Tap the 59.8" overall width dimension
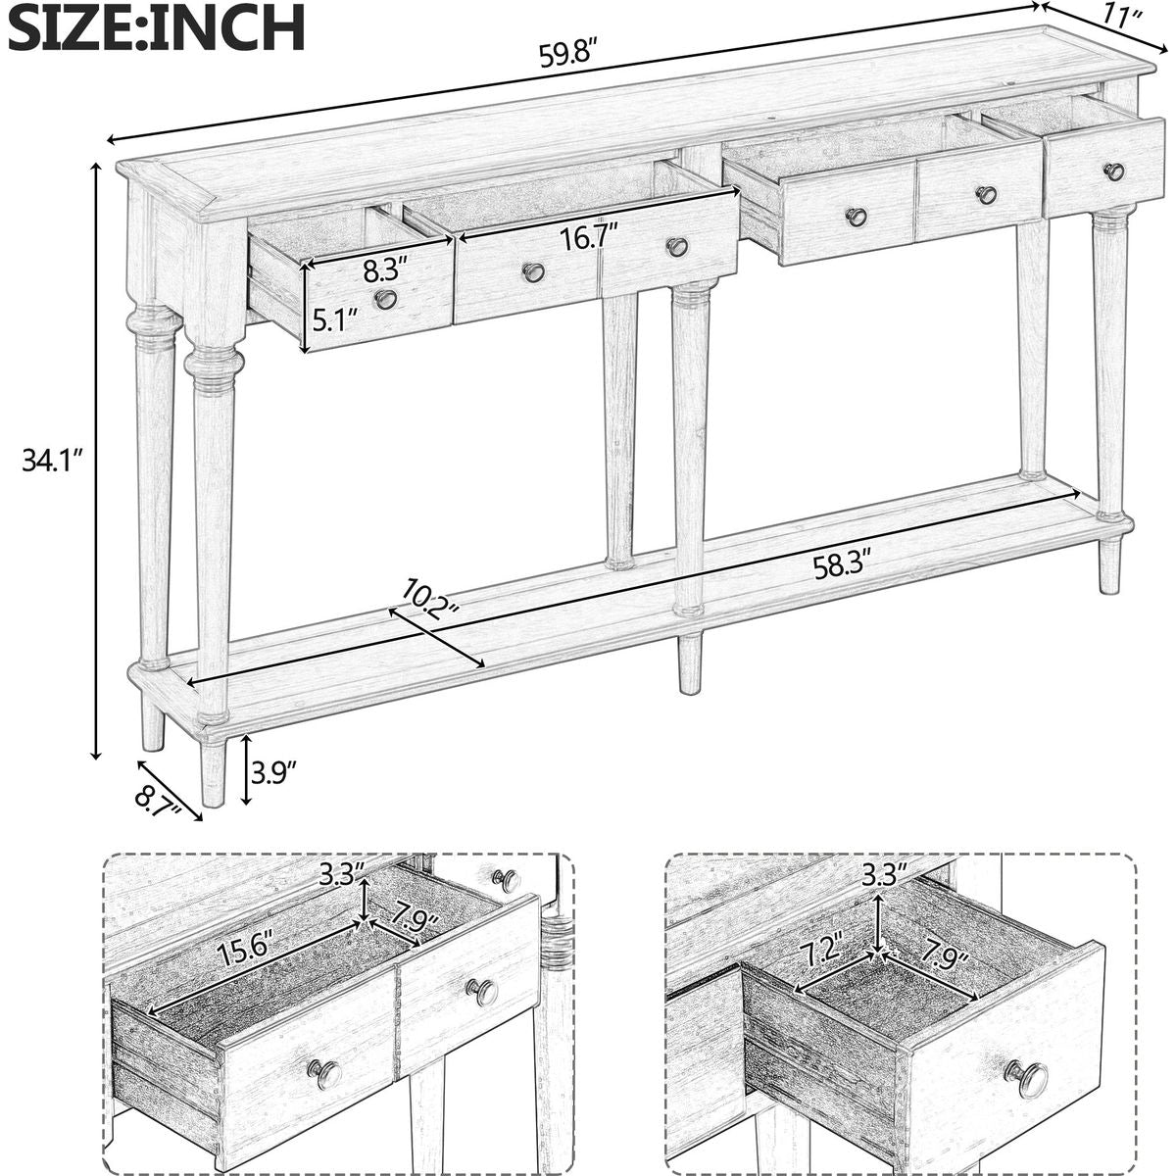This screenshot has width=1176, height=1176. click(x=577, y=55)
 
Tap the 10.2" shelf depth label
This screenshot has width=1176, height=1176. click(x=431, y=595)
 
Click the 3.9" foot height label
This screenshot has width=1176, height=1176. click(x=274, y=772)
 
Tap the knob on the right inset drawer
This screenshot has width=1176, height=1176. click(x=1025, y=1078)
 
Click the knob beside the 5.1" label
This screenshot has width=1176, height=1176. click(x=385, y=299)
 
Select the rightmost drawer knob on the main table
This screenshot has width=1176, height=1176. click(x=1113, y=171)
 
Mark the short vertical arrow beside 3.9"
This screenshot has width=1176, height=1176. click(x=246, y=769)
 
